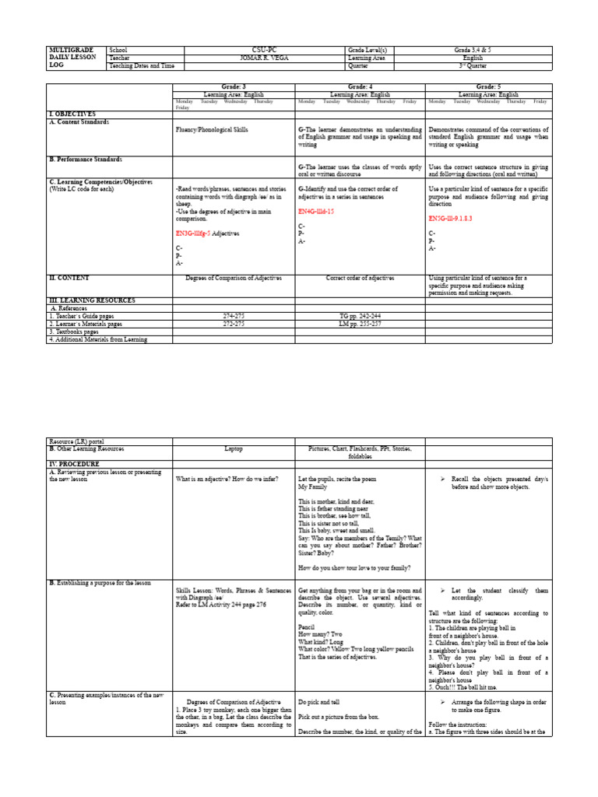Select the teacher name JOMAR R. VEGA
[x=264, y=58]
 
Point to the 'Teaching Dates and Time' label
[x=142, y=66]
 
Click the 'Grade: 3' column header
[x=234, y=87]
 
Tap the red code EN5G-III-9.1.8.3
[x=455, y=219]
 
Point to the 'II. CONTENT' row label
[x=69, y=277]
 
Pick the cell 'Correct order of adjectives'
[x=360, y=278]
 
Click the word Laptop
[x=234, y=449]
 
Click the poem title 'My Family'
[x=313, y=486]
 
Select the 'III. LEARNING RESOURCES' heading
[x=92, y=300]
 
